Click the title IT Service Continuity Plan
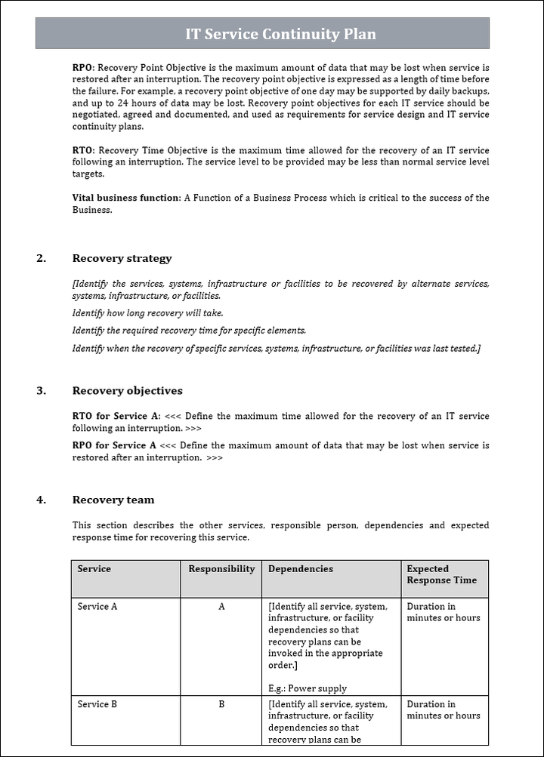pyautogui.click(x=280, y=34)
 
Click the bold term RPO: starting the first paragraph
pyautogui.click(x=83, y=67)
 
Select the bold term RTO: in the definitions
pyautogui.click(x=83, y=150)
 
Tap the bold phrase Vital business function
pyautogui.click(x=126, y=198)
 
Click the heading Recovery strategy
pyautogui.click(x=122, y=258)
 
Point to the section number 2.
pyautogui.click(x=41, y=258)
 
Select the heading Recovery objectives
pyautogui.click(x=127, y=391)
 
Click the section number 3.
pyautogui.click(x=41, y=391)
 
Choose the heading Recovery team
pyautogui.click(x=113, y=500)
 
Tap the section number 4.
pyautogui.click(x=41, y=500)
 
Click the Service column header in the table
pyautogui.click(x=94, y=569)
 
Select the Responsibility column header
pyautogui.click(x=221, y=569)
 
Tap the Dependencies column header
pyautogui.click(x=300, y=569)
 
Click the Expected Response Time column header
pyautogui.click(x=441, y=574)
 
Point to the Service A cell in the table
pyautogui.click(x=97, y=606)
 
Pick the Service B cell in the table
pyautogui.click(x=97, y=704)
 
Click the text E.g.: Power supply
pyautogui.click(x=308, y=688)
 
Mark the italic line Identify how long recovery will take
pyautogui.click(x=148, y=312)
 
